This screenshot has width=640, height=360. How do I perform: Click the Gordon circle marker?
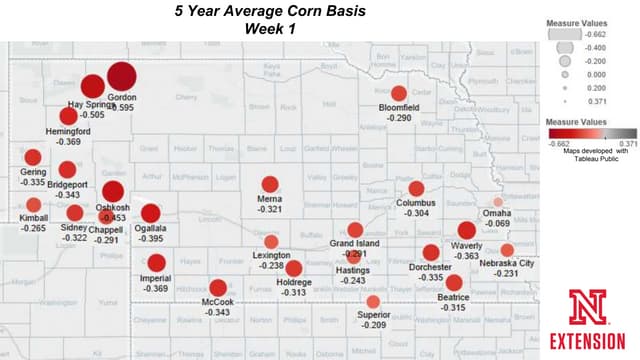pyautogui.click(x=121, y=75)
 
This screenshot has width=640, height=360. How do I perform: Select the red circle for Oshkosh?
pyautogui.click(x=113, y=192)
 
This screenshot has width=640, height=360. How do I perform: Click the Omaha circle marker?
pyautogui.click(x=498, y=202)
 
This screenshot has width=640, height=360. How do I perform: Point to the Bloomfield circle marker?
pyautogui.click(x=399, y=93)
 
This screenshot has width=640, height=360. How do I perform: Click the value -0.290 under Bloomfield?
pyautogui.click(x=399, y=119)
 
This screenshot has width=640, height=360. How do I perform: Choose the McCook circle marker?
pyautogui.click(x=218, y=288)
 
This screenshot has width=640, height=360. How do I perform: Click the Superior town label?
pyautogui.click(x=374, y=315)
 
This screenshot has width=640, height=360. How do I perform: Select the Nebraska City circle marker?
pyautogui.click(x=507, y=249)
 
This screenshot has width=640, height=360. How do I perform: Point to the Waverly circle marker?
pyautogui.click(x=466, y=231)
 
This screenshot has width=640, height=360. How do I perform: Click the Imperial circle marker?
pyautogui.click(x=156, y=263)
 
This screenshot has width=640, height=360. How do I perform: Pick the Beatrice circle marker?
pyautogui.click(x=453, y=283)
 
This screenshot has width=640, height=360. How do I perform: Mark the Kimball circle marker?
pyautogui.click(x=34, y=204)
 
